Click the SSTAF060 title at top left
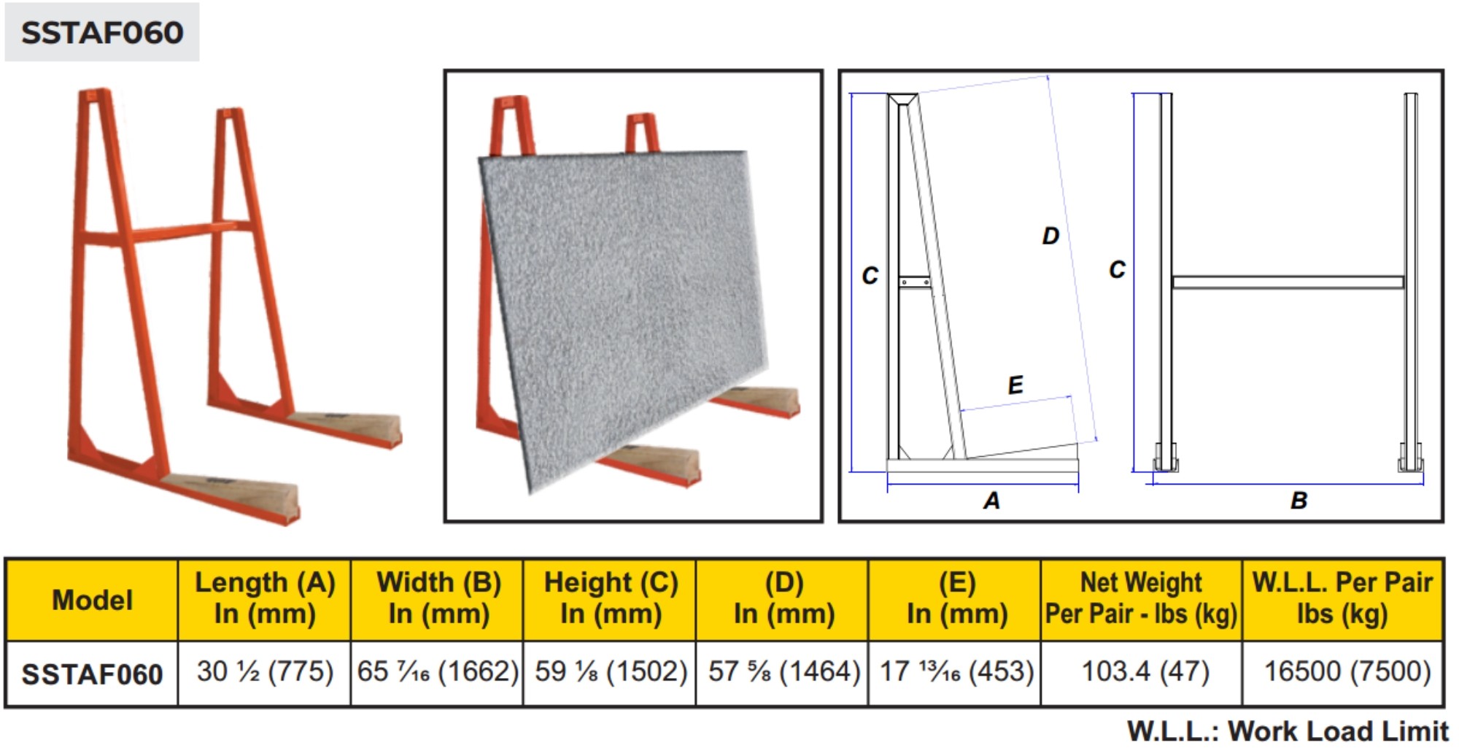102,33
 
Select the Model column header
92,600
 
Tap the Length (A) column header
265,598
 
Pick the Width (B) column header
438,598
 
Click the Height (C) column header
611,598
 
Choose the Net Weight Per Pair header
1141,598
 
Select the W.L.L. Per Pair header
1342,598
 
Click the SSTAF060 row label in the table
92,674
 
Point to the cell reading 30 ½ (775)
265,671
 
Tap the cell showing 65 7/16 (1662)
438,671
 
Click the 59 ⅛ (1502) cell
611,671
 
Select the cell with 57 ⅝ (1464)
784,671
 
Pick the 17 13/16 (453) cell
956,671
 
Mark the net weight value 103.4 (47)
1145,671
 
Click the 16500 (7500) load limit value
1347,671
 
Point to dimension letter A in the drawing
991,501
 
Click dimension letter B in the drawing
1299,501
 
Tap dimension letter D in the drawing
1050,236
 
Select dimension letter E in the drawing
1015,385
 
